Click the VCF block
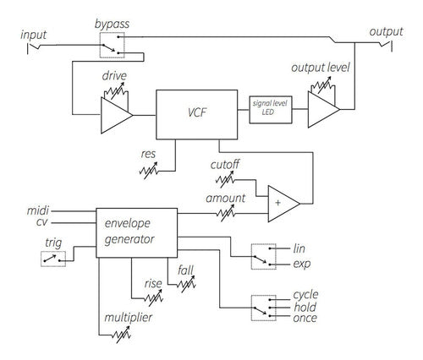197,112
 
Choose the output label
386,31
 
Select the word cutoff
223,164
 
